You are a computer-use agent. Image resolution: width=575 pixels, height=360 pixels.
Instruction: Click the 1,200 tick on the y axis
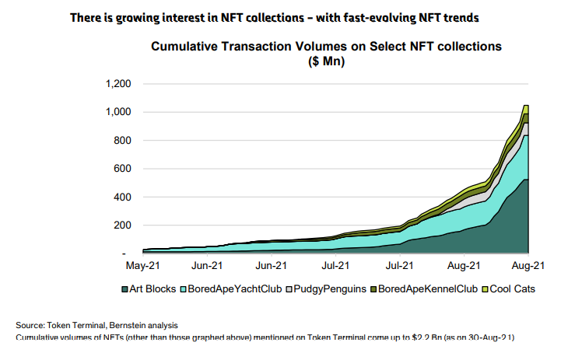pyautogui.click(x=117, y=84)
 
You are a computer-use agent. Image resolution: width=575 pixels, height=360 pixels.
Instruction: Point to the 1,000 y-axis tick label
pyautogui.click(x=117, y=112)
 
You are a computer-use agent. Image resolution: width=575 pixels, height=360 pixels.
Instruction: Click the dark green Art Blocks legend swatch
pyautogui.click(x=124, y=289)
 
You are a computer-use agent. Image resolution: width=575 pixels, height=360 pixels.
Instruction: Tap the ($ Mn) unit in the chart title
pyautogui.click(x=327, y=61)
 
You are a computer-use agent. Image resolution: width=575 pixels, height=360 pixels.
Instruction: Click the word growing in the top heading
pyautogui.click(x=133, y=16)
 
